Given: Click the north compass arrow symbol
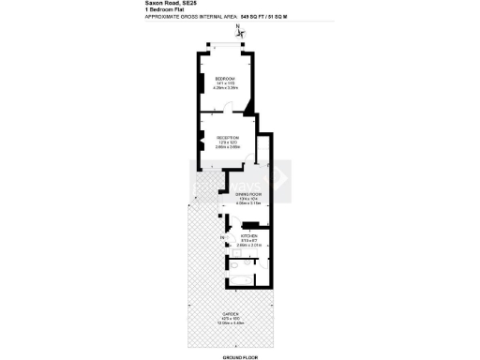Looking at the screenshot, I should [x=241, y=33].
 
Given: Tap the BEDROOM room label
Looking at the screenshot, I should [x=225, y=78].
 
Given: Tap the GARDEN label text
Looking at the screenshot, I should [x=230, y=313].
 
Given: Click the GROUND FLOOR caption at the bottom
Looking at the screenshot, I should [x=239, y=356].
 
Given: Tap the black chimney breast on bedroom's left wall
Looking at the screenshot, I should [x=201, y=82].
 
